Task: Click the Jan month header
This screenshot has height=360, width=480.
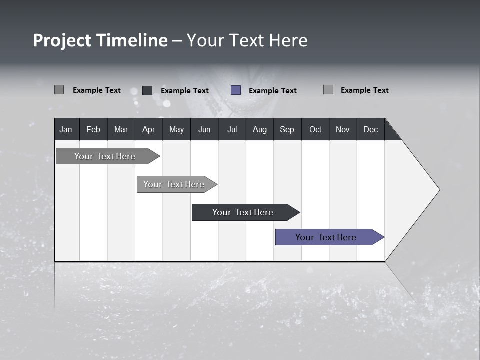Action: (66, 129)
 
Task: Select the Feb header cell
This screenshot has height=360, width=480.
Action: (93, 129)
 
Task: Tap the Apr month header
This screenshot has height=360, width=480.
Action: (148, 129)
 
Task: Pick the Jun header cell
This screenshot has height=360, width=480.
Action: (204, 129)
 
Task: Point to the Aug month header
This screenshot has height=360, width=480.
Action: (259, 129)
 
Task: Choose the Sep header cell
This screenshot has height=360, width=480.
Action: (287, 129)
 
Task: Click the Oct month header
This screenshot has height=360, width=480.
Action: (315, 129)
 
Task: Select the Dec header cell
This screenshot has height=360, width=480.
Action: (370, 129)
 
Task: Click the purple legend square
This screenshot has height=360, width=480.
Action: (236, 90)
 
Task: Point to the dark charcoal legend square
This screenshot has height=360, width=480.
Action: (147, 90)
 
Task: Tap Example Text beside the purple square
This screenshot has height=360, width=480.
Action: (272, 91)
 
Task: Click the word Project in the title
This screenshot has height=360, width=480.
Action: (62, 40)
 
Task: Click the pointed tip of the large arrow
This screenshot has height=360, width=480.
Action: (438, 190)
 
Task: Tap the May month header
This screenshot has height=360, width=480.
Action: (176, 129)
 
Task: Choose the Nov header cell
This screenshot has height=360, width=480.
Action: (343, 129)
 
